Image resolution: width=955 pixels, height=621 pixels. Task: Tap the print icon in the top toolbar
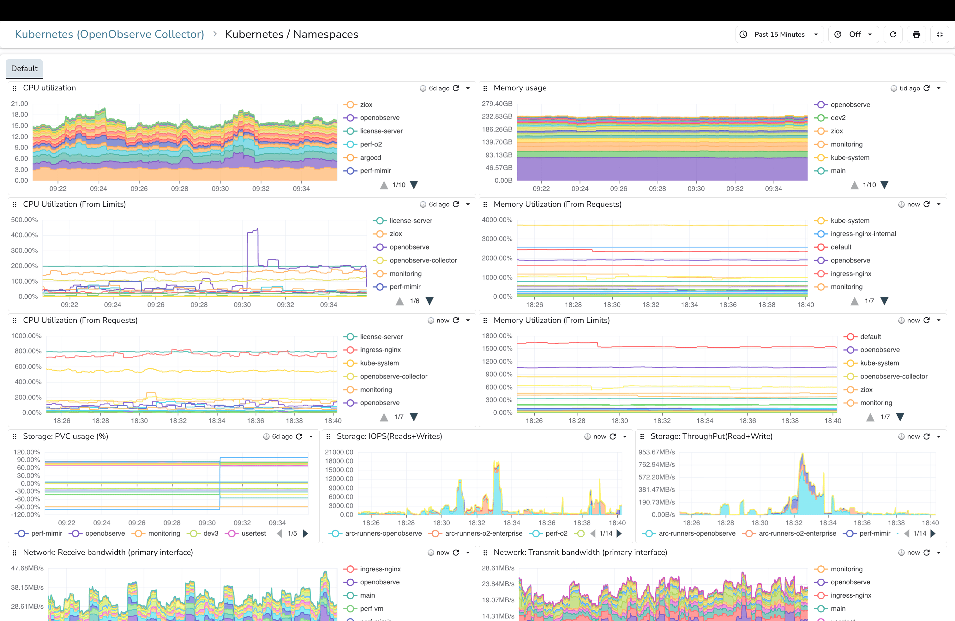coord(916,34)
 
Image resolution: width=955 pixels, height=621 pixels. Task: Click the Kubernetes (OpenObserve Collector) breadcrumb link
coord(109,34)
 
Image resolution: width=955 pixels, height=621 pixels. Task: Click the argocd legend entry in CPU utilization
coord(370,157)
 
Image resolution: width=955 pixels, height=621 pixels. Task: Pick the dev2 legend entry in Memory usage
coord(838,118)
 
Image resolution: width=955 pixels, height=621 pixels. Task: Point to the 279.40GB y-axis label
coord(497,104)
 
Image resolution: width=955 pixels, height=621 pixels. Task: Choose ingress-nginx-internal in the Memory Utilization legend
coord(863,234)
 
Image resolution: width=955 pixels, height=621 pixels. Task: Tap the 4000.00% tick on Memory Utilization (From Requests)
coord(497,220)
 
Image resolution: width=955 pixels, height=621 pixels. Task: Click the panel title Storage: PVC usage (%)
coord(65,436)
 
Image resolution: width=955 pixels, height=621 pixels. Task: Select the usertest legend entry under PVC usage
coord(253,533)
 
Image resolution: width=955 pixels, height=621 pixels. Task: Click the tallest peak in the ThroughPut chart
coord(802,454)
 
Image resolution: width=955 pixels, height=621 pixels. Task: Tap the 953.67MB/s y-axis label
coord(657,452)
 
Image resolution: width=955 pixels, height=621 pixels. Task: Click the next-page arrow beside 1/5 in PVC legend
coord(305,533)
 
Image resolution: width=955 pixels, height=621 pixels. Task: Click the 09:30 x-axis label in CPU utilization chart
coord(220,189)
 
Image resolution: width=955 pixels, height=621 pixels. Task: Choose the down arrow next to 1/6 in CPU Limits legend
coord(429,301)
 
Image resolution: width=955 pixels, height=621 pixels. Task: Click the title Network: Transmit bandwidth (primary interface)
coord(580,552)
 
